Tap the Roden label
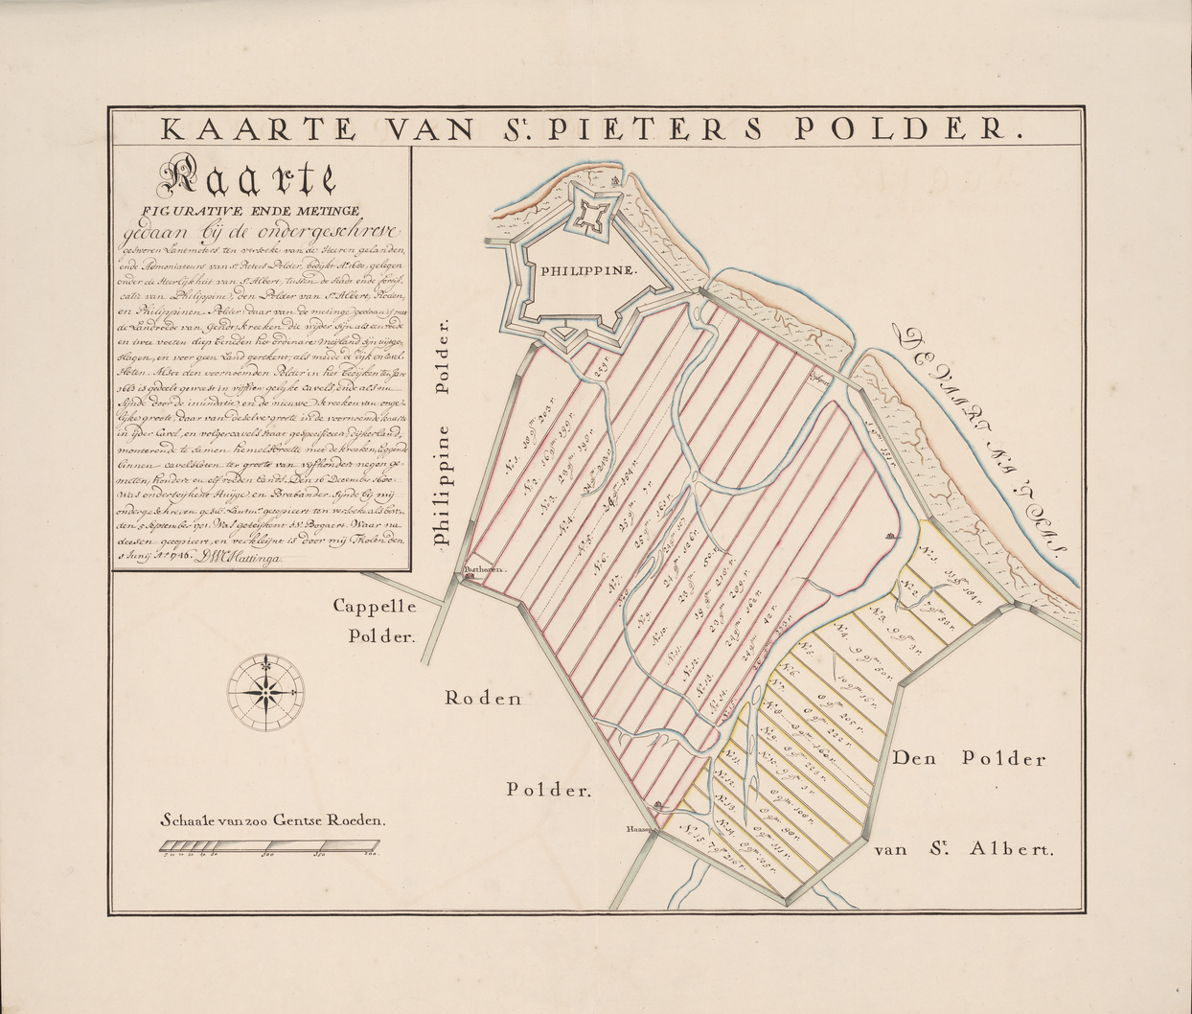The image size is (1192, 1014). pos(482,698)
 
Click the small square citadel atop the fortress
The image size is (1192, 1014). pos(585,217)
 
